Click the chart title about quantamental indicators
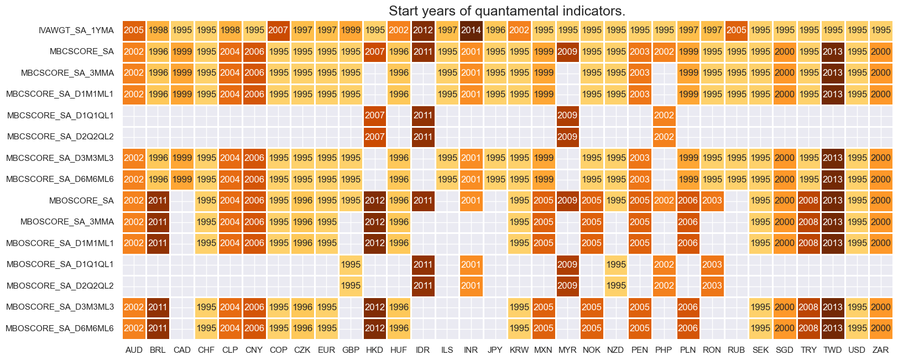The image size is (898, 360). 507,11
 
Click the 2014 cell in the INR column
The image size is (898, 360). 471,30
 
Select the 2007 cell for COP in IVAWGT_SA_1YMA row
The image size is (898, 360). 279,30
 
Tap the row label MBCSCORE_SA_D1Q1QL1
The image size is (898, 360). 60,116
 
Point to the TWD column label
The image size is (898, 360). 832,350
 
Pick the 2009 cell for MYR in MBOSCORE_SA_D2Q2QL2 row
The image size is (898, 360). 567,286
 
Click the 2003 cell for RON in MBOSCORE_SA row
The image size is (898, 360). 712,201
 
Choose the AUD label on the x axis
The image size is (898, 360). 134,350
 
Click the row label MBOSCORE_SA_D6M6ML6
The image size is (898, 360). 60,328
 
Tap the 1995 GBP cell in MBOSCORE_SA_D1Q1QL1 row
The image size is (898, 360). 351,264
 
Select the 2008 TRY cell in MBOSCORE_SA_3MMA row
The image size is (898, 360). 808,222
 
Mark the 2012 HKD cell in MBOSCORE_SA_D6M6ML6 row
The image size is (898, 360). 375,328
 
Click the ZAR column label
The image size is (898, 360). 880,350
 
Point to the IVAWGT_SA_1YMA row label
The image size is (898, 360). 76,30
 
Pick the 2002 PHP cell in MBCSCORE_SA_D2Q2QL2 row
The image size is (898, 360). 664,137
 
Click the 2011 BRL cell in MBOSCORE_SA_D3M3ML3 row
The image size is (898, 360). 158,307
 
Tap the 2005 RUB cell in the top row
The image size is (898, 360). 736,30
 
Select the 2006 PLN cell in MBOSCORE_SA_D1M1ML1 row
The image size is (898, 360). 688,243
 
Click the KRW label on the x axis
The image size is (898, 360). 519,350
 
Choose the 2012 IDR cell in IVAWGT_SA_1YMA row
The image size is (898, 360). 423,30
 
